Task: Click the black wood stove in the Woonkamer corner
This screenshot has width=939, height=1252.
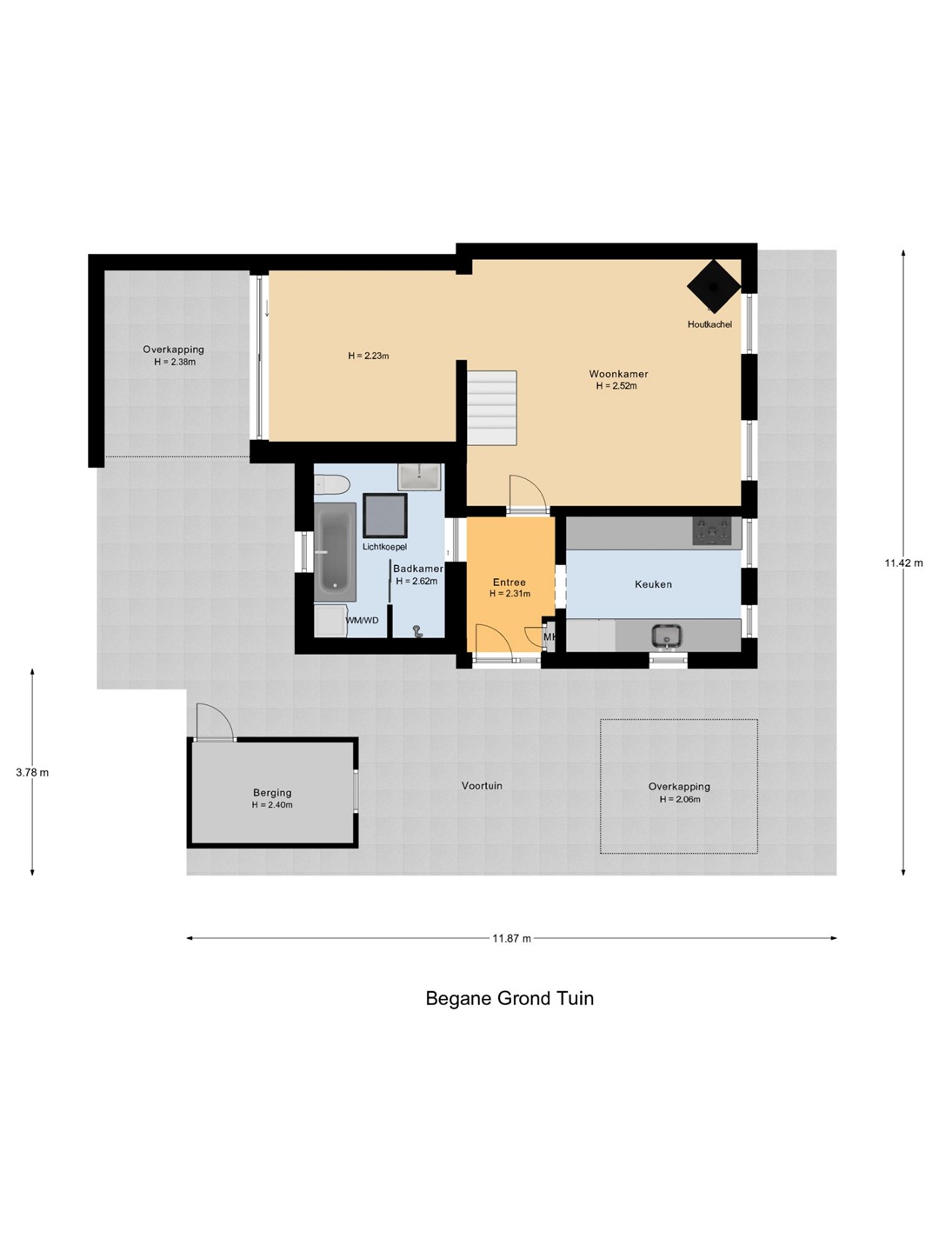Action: click(714, 286)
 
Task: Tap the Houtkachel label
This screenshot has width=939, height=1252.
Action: click(709, 324)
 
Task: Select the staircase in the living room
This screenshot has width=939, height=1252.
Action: click(492, 408)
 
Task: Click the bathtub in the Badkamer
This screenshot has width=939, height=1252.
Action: click(336, 551)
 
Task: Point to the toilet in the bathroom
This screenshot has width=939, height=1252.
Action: click(332, 485)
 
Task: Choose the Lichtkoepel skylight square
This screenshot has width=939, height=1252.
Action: click(385, 516)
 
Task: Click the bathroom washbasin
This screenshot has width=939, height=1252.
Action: click(419, 476)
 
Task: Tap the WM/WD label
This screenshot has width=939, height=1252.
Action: click(362, 620)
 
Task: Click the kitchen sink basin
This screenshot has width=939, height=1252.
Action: click(667, 636)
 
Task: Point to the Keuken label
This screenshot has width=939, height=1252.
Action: click(653, 584)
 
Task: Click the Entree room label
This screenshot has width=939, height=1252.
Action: click(509, 582)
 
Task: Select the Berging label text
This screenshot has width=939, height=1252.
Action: click(272, 792)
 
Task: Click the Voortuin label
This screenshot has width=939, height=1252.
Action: click(482, 785)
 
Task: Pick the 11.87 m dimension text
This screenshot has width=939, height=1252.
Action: click(512, 938)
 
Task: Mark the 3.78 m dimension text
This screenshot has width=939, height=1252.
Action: click(32, 772)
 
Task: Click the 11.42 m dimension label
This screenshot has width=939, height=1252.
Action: click(903, 563)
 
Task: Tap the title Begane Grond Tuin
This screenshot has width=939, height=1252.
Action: click(509, 998)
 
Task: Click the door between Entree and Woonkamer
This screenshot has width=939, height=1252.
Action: click(529, 494)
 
